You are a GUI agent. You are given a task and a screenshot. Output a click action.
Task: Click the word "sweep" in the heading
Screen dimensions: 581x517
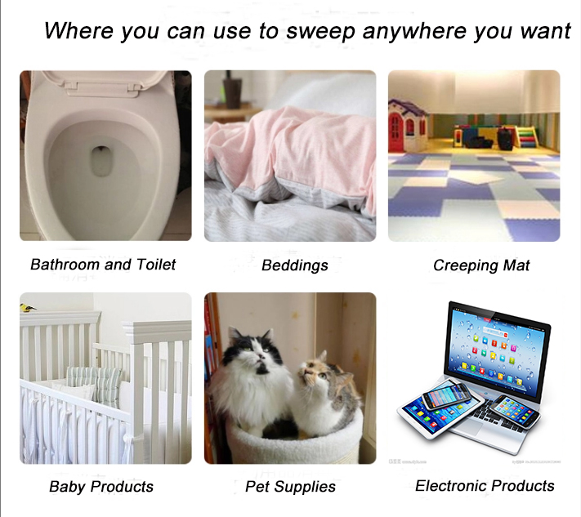coord(320,31)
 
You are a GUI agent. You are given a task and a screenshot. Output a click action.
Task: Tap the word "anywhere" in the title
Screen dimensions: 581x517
coord(414,31)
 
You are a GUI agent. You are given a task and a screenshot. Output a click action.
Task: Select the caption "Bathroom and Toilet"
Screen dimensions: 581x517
coord(103,265)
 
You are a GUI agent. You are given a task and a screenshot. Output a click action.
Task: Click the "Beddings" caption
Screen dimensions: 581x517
coord(295,265)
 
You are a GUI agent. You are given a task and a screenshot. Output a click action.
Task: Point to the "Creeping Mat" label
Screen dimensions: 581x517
coord(481,265)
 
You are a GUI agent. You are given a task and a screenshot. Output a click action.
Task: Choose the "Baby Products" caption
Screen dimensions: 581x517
coord(101,487)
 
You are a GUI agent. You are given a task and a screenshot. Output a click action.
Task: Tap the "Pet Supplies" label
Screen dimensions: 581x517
coord(291,487)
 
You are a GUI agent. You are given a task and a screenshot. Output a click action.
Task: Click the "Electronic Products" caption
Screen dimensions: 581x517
coord(485,485)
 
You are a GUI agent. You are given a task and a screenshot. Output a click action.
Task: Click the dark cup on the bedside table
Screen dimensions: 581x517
coord(233,89)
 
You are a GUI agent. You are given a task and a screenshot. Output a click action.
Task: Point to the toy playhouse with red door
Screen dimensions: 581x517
coord(408,124)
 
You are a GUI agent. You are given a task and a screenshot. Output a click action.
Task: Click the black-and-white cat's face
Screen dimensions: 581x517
coord(254,348)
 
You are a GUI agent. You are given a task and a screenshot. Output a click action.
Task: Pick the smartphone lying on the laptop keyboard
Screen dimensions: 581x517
coord(514,410)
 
